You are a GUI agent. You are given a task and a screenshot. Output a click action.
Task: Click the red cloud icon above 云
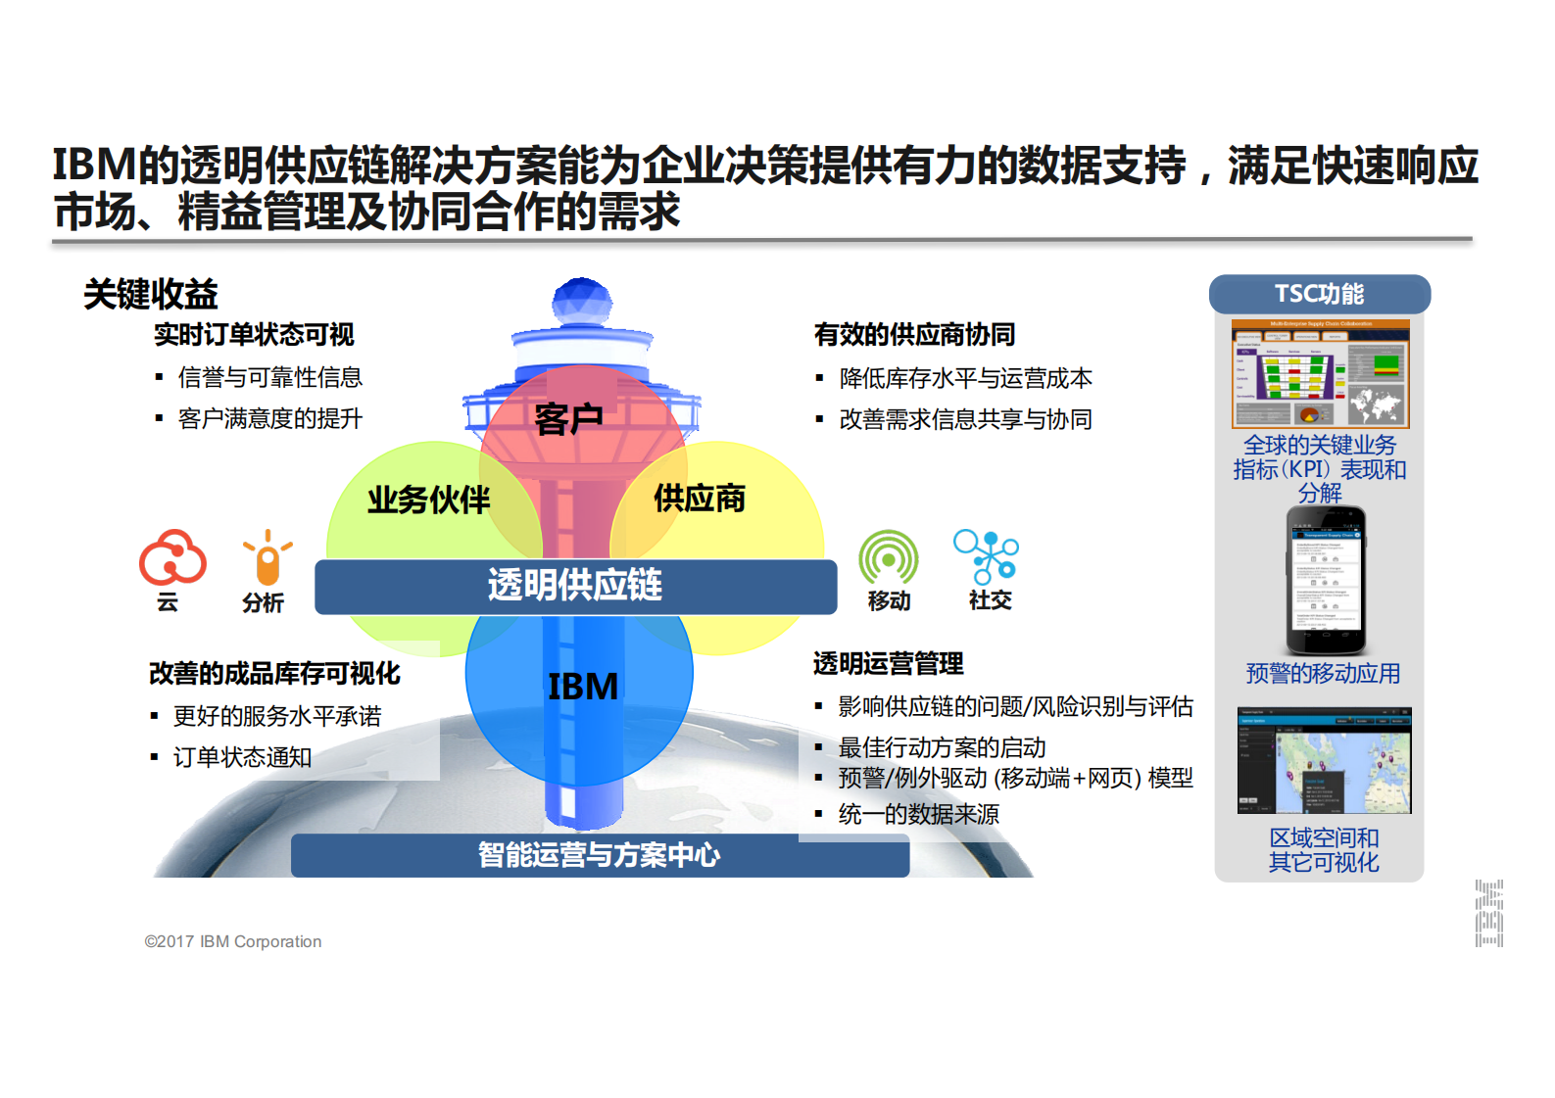point(172,557)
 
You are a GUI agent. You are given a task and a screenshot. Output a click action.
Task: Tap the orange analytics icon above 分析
point(267,559)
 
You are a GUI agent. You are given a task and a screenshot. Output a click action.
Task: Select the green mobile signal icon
point(888,558)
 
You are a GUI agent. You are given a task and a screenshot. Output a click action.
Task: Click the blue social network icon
point(986,556)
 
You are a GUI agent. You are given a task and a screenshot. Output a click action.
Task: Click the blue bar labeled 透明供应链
point(575,586)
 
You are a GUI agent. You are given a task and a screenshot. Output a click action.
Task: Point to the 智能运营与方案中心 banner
point(599,855)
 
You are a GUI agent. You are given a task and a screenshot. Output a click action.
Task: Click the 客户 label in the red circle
point(568,418)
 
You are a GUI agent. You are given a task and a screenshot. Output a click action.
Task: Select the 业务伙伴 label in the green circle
point(428,500)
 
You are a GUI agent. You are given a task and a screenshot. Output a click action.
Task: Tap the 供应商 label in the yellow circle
point(699,498)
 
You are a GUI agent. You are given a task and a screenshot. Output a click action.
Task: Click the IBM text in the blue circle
point(583,686)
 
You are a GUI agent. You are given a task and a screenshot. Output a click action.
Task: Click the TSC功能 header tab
point(1319,294)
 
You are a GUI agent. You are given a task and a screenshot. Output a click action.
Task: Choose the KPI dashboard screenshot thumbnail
point(1320,373)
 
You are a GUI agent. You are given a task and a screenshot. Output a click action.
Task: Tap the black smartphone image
point(1325,580)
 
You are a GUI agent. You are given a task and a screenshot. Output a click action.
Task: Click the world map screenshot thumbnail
point(1324,760)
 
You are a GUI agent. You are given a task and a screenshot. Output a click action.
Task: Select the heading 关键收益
point(151,294)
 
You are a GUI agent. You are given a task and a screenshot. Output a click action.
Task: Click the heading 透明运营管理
point(888,664)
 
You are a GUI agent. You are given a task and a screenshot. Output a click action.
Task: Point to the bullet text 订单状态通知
point(242,757)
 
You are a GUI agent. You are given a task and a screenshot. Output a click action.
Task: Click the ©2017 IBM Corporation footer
point(233,941)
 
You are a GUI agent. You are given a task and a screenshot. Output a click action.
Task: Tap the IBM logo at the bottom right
point(1488,913)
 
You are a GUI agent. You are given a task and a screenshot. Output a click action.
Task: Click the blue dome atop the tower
point(582,301)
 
